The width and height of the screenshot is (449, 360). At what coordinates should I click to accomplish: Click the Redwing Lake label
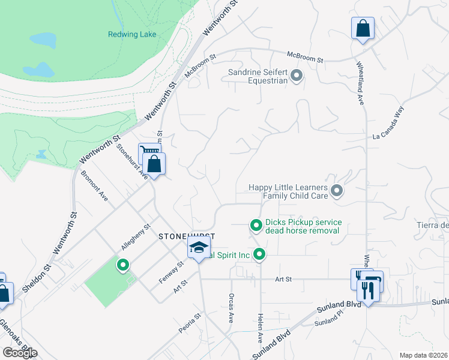tap(132, 34)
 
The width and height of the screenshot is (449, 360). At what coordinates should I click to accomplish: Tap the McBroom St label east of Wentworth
tap(305, 57)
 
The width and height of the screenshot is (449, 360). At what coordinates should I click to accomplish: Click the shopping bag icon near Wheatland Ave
tap(363, 29)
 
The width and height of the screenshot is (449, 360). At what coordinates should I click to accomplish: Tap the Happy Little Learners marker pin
tap(337, 191)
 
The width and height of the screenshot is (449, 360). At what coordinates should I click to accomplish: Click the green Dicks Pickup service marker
tap(256, 226)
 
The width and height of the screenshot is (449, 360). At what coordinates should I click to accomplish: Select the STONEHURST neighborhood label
tap(186, 237)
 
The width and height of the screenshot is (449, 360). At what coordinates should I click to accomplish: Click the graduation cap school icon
tap(198, 248)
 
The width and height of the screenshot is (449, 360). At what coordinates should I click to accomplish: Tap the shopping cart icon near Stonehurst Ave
tap(148, 152)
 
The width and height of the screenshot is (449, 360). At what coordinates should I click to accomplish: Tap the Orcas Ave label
tap(231, 308)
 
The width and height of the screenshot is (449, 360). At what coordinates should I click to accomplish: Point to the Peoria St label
tap(189, 322)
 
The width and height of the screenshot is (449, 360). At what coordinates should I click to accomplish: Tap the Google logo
tap(20, 353)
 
